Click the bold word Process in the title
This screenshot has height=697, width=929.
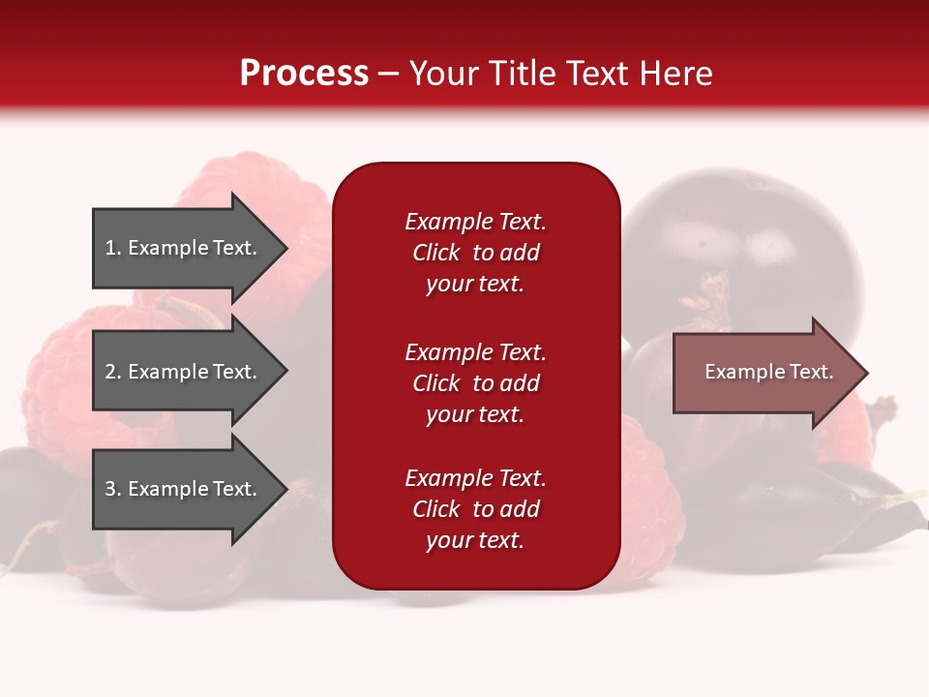304,73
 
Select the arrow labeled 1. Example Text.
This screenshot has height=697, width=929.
184,248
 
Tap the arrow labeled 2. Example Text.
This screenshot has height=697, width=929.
184,372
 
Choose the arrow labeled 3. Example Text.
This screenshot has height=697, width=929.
184,489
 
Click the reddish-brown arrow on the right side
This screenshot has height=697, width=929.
764,372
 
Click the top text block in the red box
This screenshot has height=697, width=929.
475,253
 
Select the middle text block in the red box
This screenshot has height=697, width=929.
475,383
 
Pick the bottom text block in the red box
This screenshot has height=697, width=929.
475,509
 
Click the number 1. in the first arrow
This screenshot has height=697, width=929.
113,248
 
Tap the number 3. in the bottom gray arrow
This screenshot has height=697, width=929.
113,489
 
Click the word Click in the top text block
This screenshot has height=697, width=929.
435,253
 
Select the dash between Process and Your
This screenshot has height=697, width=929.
388,74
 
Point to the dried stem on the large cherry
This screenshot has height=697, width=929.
714,295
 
